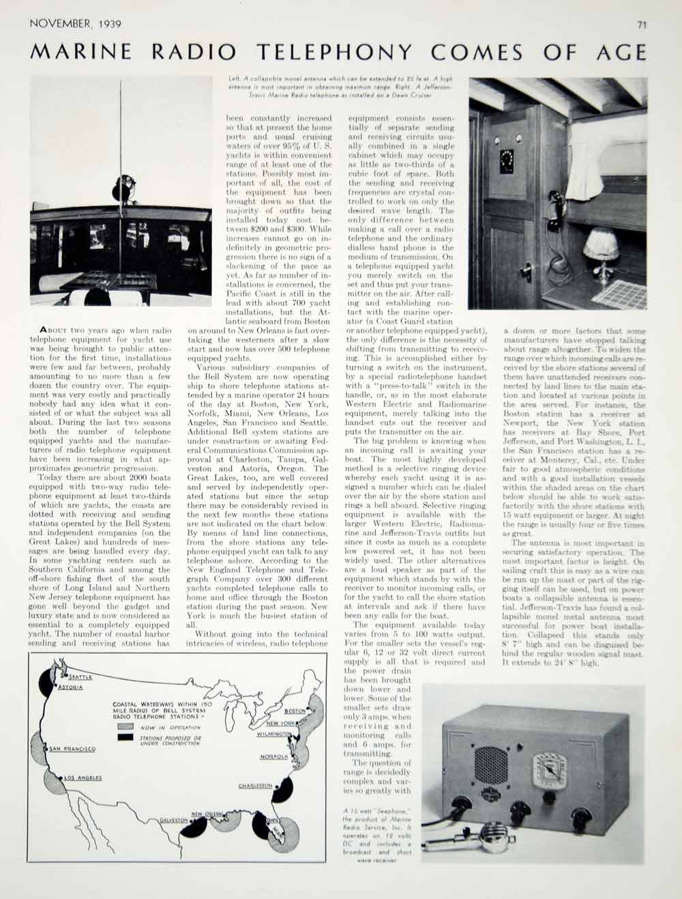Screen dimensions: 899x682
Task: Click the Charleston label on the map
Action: [x=256, y=786]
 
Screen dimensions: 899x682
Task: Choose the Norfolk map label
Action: [x=273, y=757]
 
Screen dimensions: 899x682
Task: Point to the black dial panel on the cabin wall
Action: [x=507, y=163]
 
